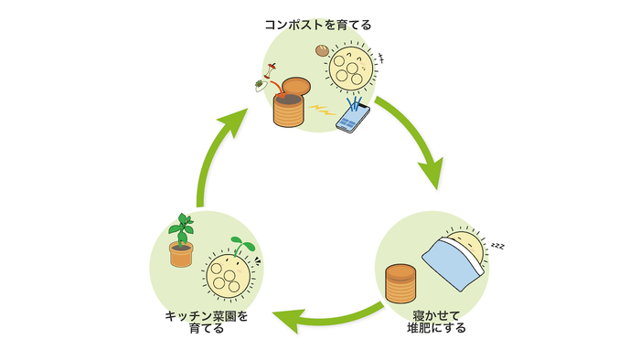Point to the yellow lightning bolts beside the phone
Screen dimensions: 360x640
click(322, 111)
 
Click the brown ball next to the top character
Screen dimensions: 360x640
click(322, 52)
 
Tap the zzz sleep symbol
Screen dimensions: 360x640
click(498, 246)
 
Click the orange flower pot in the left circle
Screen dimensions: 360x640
click(181, 254)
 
